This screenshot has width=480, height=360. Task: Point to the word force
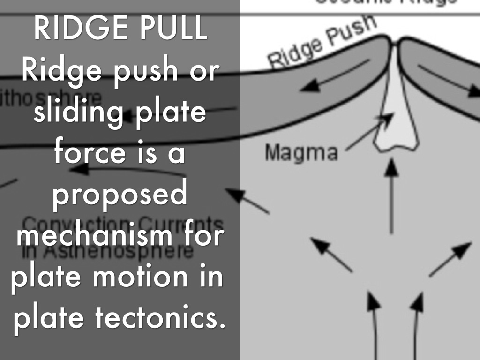89,153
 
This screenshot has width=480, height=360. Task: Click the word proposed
119,195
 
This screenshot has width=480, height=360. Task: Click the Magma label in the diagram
301,153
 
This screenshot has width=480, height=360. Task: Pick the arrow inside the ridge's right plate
445,80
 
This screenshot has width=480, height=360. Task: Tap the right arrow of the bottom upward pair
415,323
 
